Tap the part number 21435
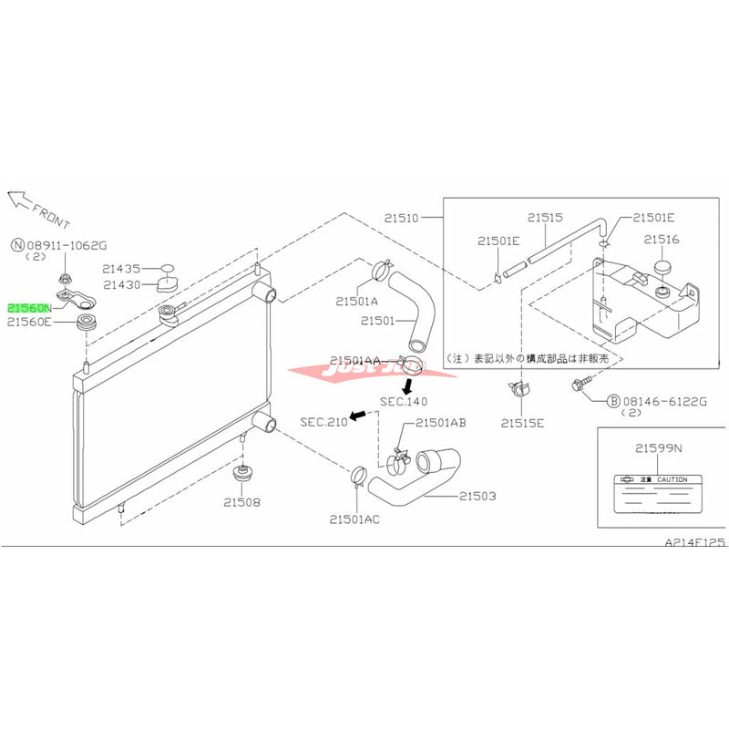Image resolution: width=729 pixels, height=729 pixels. point(120,269)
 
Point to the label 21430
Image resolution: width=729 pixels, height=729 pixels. point(120,284)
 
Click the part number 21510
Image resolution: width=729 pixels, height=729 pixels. point(401,219)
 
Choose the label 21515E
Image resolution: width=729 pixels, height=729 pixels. point(521,424)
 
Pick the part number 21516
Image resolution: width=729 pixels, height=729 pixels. point(662,239)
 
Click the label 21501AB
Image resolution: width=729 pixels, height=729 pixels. point(442,422)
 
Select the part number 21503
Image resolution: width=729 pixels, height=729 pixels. point(477,496)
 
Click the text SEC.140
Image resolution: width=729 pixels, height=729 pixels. point(404,401)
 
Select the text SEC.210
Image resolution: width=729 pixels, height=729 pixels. point(323,421)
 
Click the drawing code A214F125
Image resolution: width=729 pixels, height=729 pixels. point(694,542)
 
